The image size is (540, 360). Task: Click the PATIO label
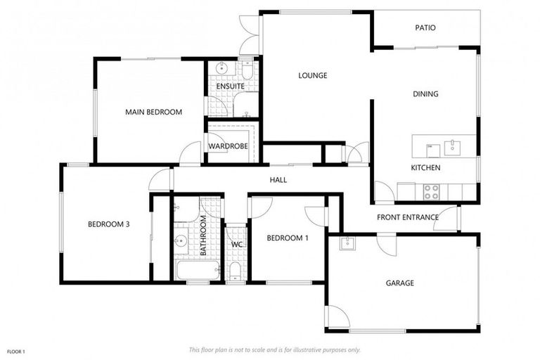pyautogui.click(x=425, y=28)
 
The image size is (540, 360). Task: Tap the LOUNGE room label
pyautogui.click(x=312, y=75)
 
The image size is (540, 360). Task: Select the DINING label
pyautogui.click(x=425, y=94)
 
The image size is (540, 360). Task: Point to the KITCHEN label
pyautogui.click(x=425, y=168)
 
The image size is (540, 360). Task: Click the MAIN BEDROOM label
pyautogui.click(x=153, y=112)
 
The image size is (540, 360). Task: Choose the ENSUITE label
pyautogui.click(x=230, y=86)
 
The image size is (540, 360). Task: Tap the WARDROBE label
pyautogui.click(x=228, y=146)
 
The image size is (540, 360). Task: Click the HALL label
pyautogui.click(x=278, y=180)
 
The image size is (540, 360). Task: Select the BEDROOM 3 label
pyautogui.click(x=108, y=224)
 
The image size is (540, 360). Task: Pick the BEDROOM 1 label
pyautogui.click(x=287, y=238)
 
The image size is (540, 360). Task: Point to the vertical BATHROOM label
pyautogui.click(x=203, y=236)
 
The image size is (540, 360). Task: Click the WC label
pyautogui.click(x=237, y=245)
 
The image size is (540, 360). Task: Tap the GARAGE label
pyautogui.click(x=399, y=283)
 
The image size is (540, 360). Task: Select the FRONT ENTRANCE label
pyautogui.click(x=408, y=217)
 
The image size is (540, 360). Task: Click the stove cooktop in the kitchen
pyautogui.click(x=431, y=191)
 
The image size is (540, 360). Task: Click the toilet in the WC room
pyautogui.click(x=235, y=270)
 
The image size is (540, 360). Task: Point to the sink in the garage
pyautogui.click(x=346, y=244)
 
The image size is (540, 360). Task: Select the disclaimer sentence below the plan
pyautogui.click(x=275, y=349)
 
